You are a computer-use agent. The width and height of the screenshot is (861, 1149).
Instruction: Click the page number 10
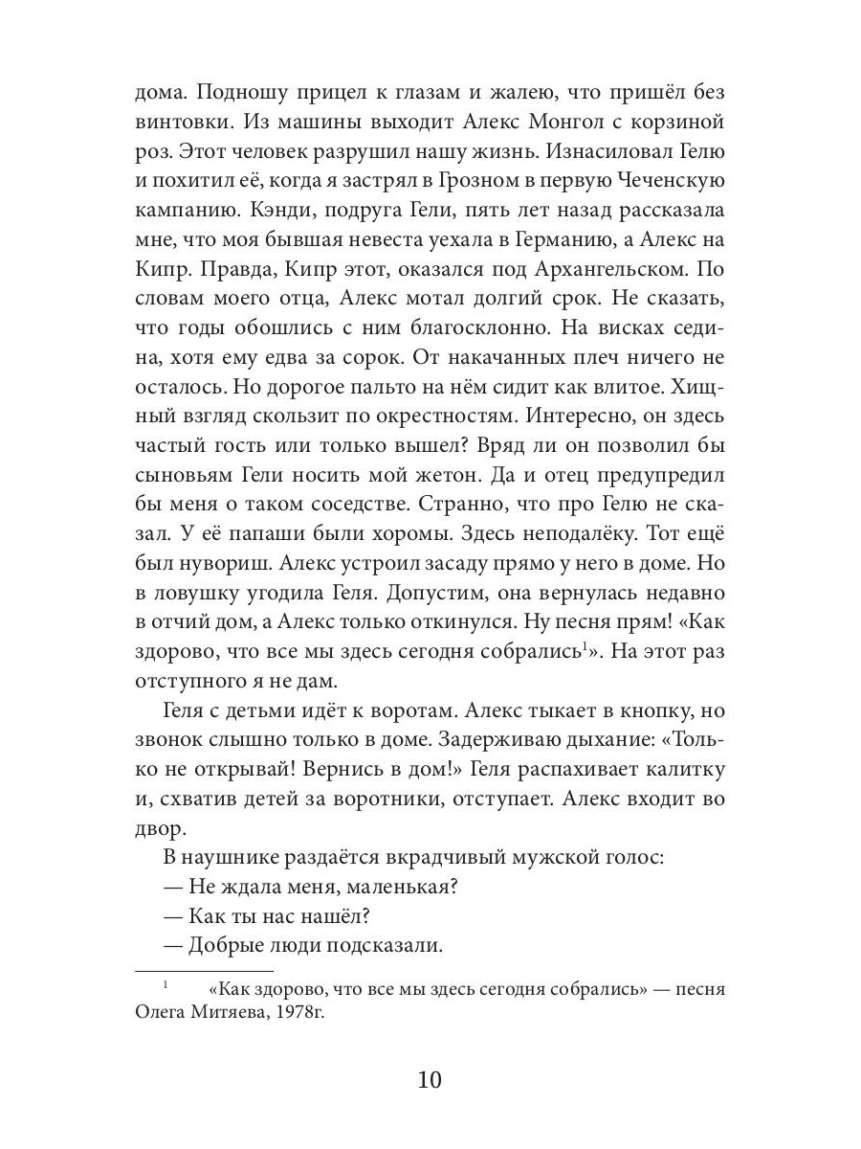point(430,1080)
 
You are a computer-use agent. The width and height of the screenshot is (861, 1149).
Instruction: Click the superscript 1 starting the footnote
point(165,983)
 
